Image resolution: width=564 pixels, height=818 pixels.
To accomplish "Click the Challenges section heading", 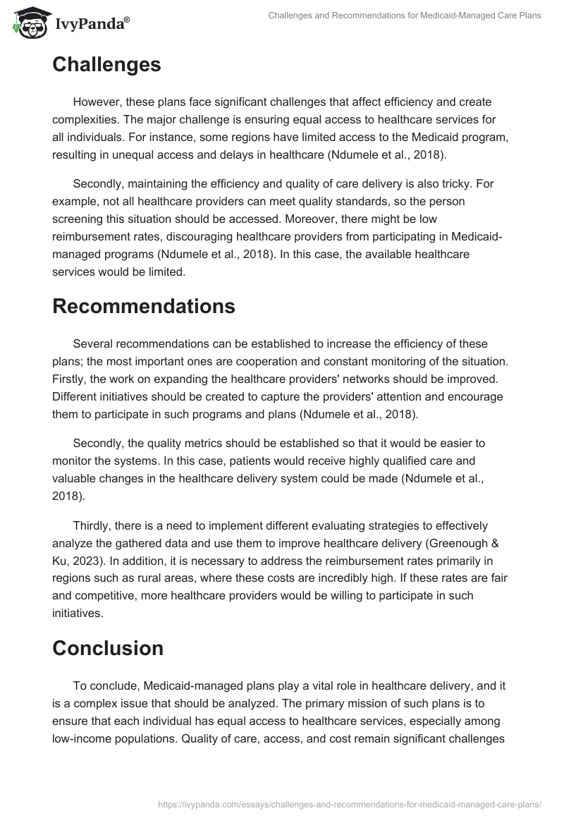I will [106, 65].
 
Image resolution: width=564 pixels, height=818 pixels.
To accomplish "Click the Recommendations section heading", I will [144, 306].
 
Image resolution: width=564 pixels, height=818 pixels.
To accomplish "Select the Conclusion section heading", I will [108, 648].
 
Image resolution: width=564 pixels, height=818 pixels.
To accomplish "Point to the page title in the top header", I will [405, 16].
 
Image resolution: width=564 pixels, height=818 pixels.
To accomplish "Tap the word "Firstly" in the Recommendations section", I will [70, 379].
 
